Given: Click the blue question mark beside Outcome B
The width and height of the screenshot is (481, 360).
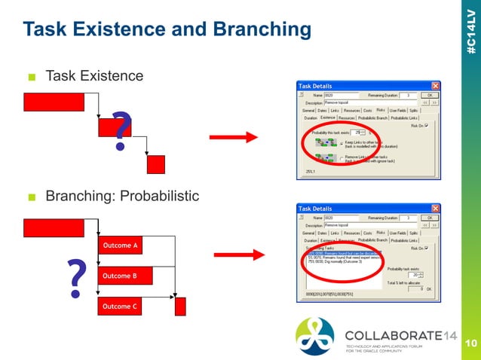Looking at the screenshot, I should (76, 278).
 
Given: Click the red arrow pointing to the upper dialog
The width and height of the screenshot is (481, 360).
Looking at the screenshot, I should (233, 137).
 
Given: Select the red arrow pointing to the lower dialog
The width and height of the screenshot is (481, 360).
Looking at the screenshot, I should (233, 255).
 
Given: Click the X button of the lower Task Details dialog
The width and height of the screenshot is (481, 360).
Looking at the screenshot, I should (435, 208).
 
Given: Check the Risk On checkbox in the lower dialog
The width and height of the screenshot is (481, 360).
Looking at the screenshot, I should (427, 247).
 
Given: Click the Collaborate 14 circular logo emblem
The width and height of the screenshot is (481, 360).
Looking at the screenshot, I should (315, 335).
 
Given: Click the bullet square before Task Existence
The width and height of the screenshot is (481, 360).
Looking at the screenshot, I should (32, 77).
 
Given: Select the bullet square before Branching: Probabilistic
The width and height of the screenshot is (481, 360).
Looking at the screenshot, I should (32, 197).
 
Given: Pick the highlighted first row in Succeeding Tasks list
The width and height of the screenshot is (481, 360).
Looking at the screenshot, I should (343, 252).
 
